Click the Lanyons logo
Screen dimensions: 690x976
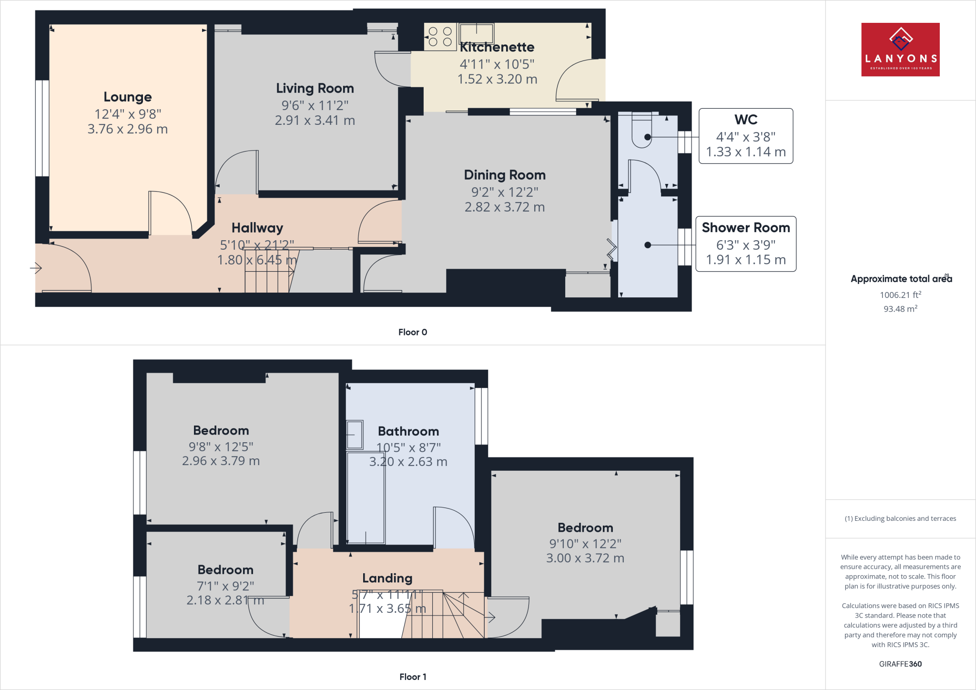click(900, 50)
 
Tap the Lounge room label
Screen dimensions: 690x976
click(128, 97)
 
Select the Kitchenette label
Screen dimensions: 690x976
click(497, 47)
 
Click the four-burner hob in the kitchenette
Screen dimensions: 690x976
click(440, 37)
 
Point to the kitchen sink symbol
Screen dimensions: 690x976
click(476, 33)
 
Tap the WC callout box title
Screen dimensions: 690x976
click(746, 119)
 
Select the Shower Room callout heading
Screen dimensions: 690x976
click(746, 228)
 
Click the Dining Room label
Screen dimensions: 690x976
click(505, 175)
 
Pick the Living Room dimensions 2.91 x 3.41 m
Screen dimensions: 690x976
click(315, 121)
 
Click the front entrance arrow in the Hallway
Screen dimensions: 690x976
click(36, 268)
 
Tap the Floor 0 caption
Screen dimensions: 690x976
click(413, 332)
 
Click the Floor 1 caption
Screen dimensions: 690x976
click(413, 677)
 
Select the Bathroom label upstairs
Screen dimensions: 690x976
click(408, 431)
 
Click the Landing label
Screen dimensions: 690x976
click(387, 578)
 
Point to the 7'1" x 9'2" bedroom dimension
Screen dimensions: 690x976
click(225, 586)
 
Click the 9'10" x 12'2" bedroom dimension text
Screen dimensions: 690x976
click(585, 544)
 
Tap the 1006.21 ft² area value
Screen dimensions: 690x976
click(900, 295)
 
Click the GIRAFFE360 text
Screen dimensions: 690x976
click(900, 664)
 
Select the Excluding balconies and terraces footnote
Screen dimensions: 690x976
click(900, 518)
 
